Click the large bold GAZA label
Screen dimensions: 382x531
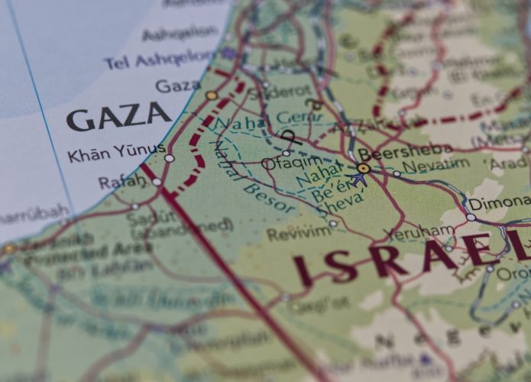(x=118, y=116)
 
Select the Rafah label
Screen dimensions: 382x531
(x=121, y=181)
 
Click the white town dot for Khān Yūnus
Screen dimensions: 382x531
(x=169, y=159)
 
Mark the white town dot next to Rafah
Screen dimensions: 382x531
(x=157, y=182)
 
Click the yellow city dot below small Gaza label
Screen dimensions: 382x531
(x=212, y=95)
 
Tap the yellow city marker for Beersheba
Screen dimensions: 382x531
(x=364, y=168)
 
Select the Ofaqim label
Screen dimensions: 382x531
(x=280, y=162)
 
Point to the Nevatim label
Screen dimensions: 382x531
(x=436, y=165)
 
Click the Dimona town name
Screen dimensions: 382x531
(x=498, y=205)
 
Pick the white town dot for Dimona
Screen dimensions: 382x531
(x=471, y=217)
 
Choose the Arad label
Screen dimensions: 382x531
(x=508, y=163)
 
